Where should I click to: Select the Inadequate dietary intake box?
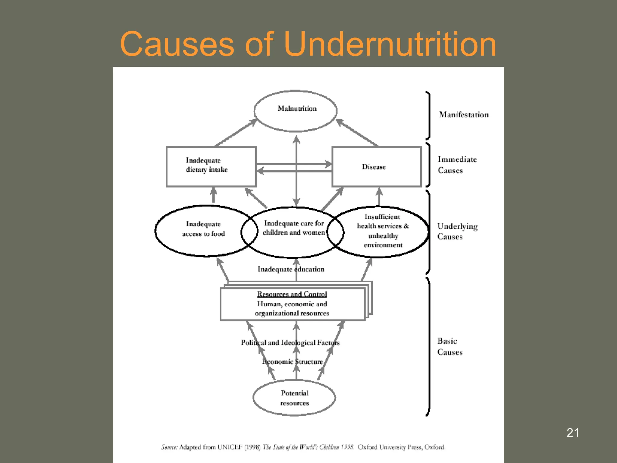pos(211,166)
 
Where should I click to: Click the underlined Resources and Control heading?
pos(292,294)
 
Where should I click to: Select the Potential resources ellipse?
pos(294,398)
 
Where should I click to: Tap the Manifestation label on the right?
pos(464,115)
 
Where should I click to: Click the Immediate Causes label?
pos(457,165)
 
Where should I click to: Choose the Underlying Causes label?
pos(457,231)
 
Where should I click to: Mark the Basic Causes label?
pos(449,346)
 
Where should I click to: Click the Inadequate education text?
pos(291,269)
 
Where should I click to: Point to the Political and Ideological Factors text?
pos(290,343)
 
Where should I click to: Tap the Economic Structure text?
pos(292,362)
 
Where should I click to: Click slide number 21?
pos(572,433)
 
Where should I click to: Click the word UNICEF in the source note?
pos(230,447)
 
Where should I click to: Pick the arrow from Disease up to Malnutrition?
pos(357,133)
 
